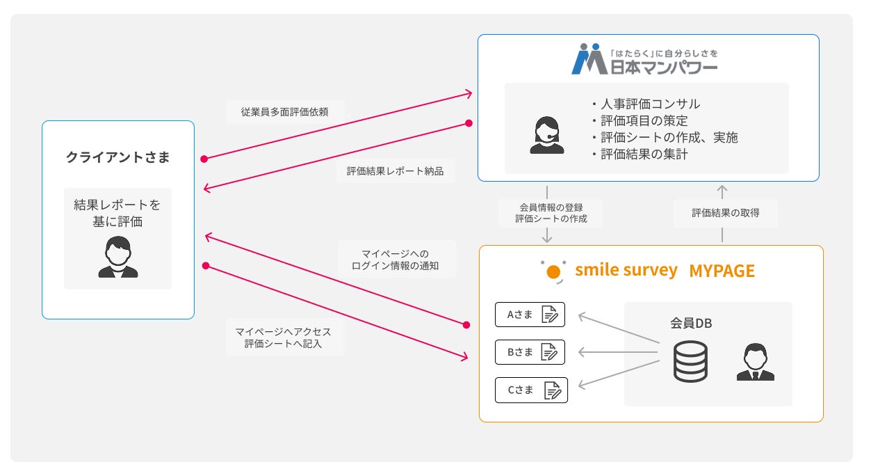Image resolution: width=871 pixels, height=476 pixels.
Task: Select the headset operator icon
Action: click(547, 134)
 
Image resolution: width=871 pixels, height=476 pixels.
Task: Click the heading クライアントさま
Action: click(117, 157)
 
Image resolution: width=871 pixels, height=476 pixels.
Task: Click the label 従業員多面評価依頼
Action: click(284, 111)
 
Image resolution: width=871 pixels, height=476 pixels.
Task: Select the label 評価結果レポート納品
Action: click(395, 170)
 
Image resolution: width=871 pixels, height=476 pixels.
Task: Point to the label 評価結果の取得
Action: click(725, 213)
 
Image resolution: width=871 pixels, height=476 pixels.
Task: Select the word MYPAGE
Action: click(722, 271)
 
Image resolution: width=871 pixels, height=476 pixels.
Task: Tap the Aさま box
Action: click(530, 315)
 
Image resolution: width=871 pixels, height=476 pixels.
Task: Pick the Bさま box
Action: click(530, 352)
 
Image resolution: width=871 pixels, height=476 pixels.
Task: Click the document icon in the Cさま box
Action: click(553, 390)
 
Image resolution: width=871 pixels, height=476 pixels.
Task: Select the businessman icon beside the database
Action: click(755, 363)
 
